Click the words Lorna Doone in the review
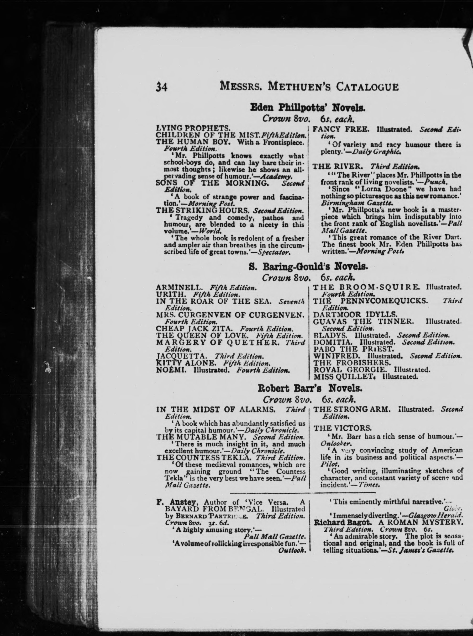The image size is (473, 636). pos(382,189)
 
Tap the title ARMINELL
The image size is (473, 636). pos(180,287)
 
